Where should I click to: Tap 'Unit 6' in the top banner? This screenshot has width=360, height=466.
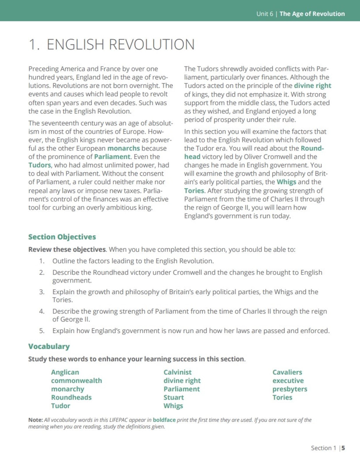pos(264,14)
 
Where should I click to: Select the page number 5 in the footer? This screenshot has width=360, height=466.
pos(343,448)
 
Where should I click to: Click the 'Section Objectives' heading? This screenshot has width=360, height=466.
pos(62,237)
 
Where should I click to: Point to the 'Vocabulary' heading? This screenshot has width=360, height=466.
pos(49,346)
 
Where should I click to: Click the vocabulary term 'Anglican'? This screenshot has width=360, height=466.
pos(65,372)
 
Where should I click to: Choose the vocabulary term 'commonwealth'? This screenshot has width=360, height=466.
pos(76,381)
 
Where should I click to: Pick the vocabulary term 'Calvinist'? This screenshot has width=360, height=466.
pos(177,372)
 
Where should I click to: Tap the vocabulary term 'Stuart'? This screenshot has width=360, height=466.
pos(174,398)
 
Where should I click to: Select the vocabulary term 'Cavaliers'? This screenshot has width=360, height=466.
pos(287,372)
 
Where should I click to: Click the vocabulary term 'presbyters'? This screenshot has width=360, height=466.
pos(290,389)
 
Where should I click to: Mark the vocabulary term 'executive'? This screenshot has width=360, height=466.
pos(288,381)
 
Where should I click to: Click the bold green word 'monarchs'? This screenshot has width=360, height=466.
pos(123,148)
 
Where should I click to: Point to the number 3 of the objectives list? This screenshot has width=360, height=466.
pos(42,292)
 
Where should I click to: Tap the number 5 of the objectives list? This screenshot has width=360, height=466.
pos(42,331)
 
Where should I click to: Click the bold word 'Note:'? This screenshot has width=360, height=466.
pos(36,420)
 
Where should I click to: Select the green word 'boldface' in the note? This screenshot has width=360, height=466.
pos(164,420)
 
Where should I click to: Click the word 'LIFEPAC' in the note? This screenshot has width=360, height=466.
pos(119,420)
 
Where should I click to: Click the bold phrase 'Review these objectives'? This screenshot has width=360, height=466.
pos(67,250)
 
